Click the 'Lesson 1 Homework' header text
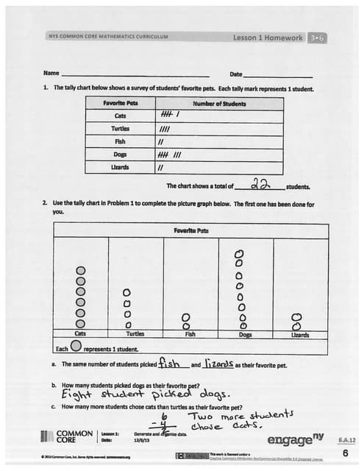tap(267, 36)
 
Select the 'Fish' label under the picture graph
tap(190, 334)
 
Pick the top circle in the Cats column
tap(81, 270)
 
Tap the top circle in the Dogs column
tap(239, 253)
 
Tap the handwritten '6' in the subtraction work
tap(165, 415)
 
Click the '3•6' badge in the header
tap(317, 36)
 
